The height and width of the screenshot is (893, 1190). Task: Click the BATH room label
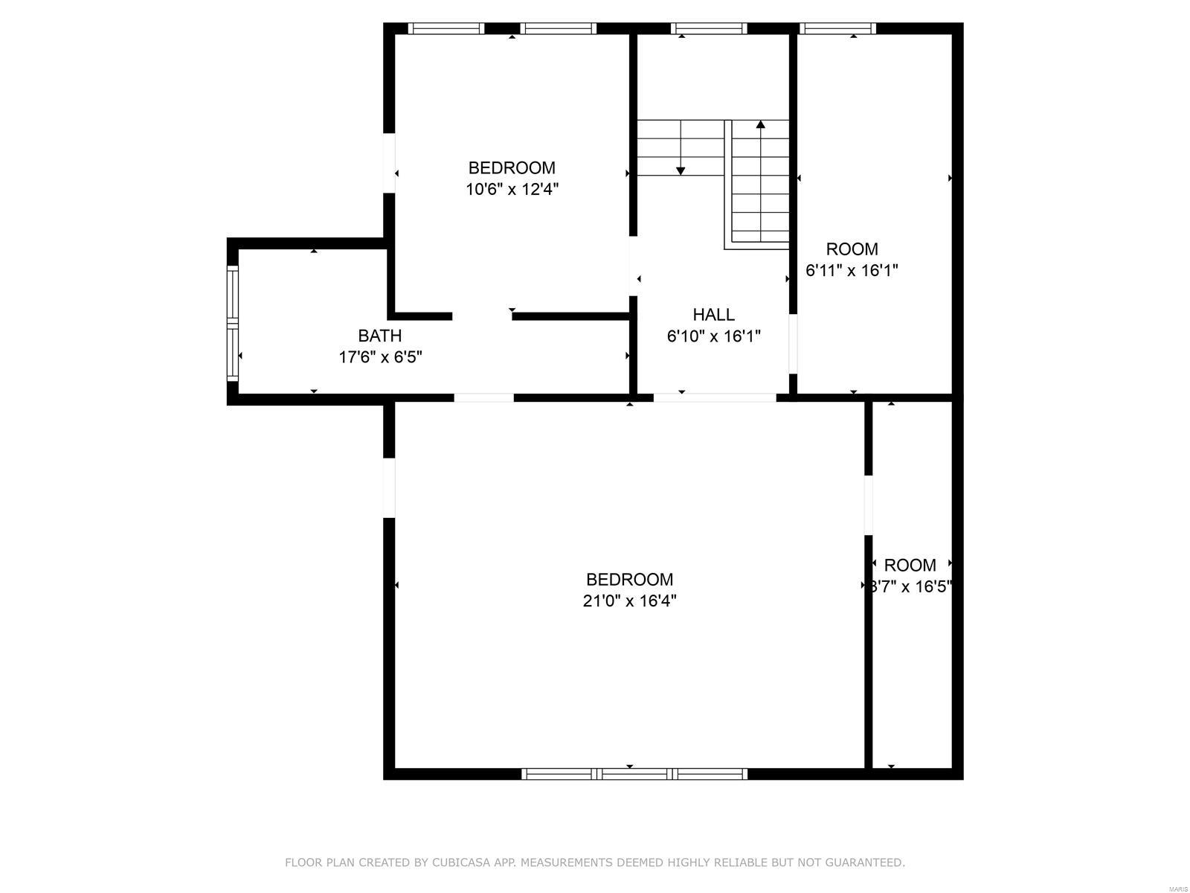pyautogui.click(x=379, y=336)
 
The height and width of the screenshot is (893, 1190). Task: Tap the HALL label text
pyautogui.click(x=713, y=315)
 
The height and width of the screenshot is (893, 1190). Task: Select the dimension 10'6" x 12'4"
pyautogui.click(x=512, y=189)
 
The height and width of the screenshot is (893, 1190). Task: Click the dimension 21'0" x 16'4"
pyautogui.click(x=629, y=601)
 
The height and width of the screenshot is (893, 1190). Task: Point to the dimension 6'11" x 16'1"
pyautogui.click(x=852, y=270)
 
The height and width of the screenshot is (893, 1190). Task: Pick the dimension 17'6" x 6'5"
pyautogui.click(x=380, y=357)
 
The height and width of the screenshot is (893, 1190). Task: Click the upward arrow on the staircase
pyautogui.click(x=760, y=127)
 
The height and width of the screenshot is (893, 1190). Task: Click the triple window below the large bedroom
pyautogui.click(x=634, y=774)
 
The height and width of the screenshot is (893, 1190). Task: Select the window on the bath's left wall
pyautogui.click(x=233, y=324)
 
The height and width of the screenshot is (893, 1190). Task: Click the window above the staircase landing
pyautogui.click(x=708, y=28)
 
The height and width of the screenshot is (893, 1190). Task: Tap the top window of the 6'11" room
pyautogui.click(x=837, y=28)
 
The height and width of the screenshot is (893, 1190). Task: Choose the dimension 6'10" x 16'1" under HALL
pyautogui.click(x=713, y=336)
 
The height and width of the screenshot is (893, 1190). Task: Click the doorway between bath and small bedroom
pyautogui.click(x=482, y=316)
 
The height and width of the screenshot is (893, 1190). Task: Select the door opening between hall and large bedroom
pyautogui.click(x=714, y=397)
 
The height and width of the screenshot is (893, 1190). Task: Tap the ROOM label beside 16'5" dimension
pyautogui.click(x=910, y=565)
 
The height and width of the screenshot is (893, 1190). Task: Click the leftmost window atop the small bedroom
pyautogui.click(x=446, y=28)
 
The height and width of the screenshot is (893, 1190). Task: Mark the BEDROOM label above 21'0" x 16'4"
pyautogui.click(x=629, y=579)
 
